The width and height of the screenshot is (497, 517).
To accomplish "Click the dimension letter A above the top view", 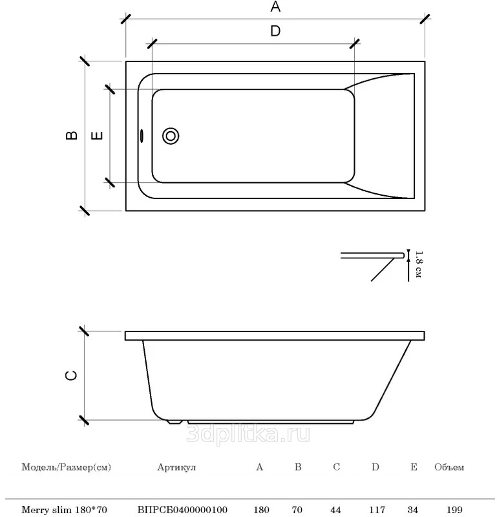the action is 275,6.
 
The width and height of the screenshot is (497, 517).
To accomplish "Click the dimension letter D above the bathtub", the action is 275,31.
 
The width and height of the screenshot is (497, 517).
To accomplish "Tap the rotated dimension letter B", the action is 72,135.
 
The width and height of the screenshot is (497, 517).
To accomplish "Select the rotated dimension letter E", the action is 97,136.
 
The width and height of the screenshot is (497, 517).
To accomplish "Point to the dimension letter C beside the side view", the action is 72,375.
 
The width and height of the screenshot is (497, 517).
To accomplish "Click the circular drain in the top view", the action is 171,136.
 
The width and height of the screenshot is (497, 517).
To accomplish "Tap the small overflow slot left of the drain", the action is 142,136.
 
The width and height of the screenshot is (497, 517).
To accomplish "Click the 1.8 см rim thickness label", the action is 419,264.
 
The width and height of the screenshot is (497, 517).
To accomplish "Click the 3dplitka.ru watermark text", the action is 248,434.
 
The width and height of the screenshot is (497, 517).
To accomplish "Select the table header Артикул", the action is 176,467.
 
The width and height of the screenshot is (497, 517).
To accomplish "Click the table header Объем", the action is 449,467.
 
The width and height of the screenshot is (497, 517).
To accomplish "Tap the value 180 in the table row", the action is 262,510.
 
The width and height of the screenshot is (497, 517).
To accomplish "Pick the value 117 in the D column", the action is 377,510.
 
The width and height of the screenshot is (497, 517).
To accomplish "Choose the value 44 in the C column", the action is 335,510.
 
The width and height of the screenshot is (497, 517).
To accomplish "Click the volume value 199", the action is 454,510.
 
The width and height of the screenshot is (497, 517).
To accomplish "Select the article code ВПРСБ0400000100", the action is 182,510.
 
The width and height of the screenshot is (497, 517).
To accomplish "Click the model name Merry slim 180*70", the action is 65,510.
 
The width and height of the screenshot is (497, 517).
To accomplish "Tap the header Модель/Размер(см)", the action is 67,467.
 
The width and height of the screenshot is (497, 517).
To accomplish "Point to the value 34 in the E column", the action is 412,510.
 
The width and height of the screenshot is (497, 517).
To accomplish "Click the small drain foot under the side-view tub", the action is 174,422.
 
